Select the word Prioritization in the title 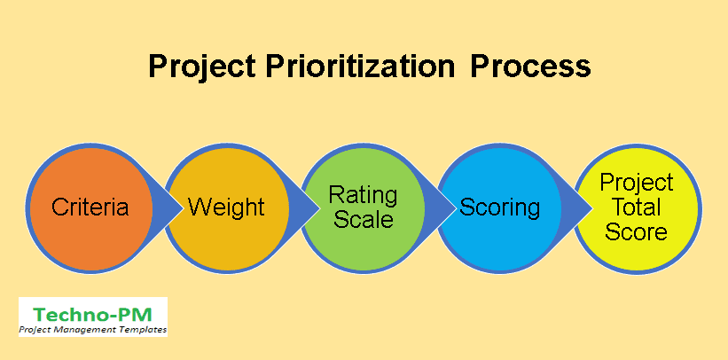[360, 67]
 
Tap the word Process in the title [530, 67]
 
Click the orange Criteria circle [90, 207]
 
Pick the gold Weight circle [227, 207]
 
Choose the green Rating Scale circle [363, 207]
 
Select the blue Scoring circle [499, 207]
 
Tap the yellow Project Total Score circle [638, 207]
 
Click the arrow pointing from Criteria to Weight [168, 207]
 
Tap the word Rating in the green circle [363, 196]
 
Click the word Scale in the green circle [364, 219]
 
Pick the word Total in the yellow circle [637, 207]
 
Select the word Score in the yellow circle [636, 231]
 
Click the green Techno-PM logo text [93, 315]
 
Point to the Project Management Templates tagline [93, 330]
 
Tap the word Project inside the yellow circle [637, 184]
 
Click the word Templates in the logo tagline [144, 330]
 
